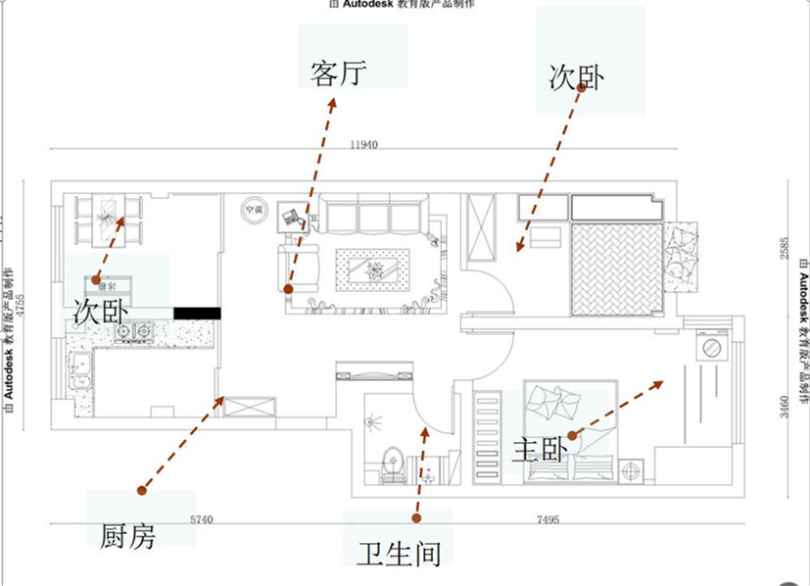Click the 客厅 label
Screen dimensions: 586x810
tap(338, 73)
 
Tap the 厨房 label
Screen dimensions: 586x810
tap(128, 535)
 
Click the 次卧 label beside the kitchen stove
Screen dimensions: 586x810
tap(101, 311)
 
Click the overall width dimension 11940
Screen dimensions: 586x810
tap(362, 144)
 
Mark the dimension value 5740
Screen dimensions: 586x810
tap(201, 519)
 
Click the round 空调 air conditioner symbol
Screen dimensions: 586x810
tap(254, 210)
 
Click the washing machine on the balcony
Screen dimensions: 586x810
tap(710, 348)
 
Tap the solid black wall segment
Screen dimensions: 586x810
tap(197, 313)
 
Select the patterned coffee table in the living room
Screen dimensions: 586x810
tap(372, 268)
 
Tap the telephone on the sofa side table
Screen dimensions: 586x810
tap(291, 217)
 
